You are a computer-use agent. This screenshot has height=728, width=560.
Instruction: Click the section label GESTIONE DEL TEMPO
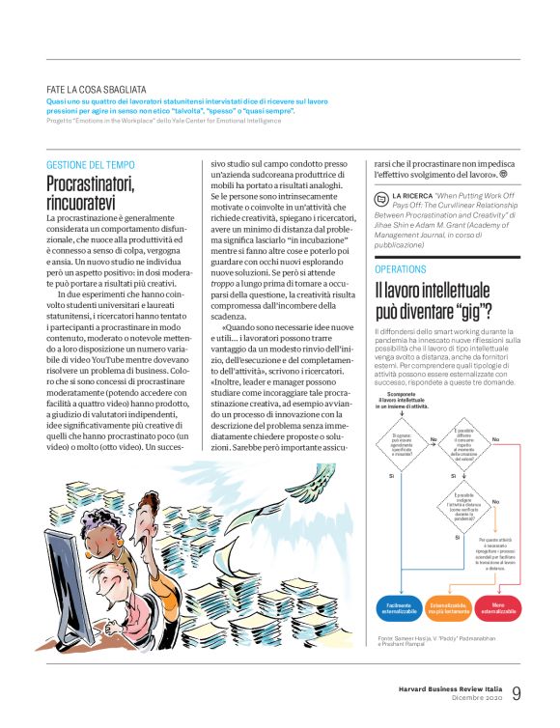[94, 165]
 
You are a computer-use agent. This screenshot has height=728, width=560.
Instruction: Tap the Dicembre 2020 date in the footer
[475, 698]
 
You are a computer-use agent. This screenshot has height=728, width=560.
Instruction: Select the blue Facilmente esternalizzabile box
[400, 607]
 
